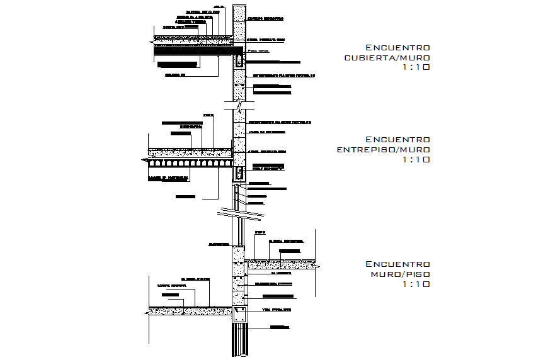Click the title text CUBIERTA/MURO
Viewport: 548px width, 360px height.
[387, 58]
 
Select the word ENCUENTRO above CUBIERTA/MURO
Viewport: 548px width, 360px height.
[397, 48]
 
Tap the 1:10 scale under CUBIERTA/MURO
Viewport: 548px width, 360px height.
[416, 68]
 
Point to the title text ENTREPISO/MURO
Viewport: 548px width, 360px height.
[384, 150]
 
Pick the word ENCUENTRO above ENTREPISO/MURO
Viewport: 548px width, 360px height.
[397, 140]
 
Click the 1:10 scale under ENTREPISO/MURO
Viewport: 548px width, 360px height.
[416, 160]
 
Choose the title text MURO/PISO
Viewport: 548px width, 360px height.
[400, 274]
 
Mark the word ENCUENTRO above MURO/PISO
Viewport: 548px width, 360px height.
[397, 264]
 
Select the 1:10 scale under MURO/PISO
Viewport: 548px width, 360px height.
[416, 284]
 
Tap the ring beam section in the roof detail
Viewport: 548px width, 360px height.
[239, 62]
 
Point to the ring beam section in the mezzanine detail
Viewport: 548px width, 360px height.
[239, 174]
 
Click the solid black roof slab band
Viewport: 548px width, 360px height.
[195, 48]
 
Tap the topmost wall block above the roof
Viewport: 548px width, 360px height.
[239, 19]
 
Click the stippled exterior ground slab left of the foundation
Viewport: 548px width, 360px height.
[189, 310]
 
